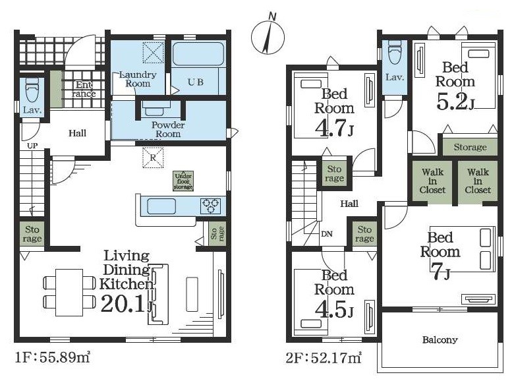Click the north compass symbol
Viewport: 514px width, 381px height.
(x=268, y=36)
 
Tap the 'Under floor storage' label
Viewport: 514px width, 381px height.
(x=183, y=181)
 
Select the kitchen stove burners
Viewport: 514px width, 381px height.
(x=210, y=206)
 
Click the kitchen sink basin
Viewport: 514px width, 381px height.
(x=161, y=206)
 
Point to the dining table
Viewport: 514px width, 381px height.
(x=69, y=292)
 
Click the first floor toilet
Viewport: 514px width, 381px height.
(x=32, y=89)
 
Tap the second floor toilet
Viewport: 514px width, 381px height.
(x=394, y=52)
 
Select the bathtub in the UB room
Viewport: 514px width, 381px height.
(x=198, y=54)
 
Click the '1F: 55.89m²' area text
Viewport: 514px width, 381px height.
(x=53, y=357)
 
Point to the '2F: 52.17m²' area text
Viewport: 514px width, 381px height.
(x=324, y=358)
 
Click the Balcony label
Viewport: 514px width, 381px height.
(x=440, y=339)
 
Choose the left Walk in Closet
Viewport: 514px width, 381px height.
(x=432, y=181)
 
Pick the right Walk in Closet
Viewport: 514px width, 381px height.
(x=478, y=181)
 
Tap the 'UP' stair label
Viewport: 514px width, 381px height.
(x=32, y=146)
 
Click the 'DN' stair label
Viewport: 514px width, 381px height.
(x=327, y=234)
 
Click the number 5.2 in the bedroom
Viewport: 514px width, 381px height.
(x=451, y=102)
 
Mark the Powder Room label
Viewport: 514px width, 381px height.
(x=168, y=129)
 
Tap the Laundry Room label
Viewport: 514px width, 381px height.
(x=138, y=79)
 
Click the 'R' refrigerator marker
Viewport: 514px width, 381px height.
(x=153, y=158)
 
